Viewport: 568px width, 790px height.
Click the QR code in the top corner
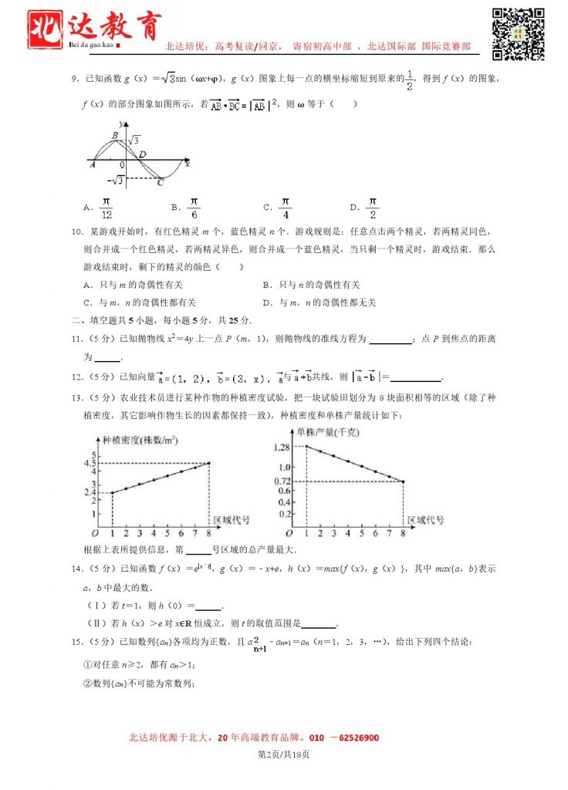[x=519, y=33]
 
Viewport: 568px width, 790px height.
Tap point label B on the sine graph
[x=114, y=136]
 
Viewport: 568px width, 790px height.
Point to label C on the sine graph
[x=160, y=183]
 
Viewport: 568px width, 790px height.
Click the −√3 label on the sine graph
[x=117, y=180]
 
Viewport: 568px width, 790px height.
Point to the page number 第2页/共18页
[x=283, y=754]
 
